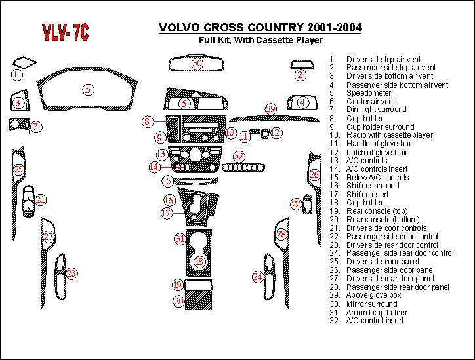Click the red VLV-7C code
66,32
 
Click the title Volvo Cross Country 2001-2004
260,28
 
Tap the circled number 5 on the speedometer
87,90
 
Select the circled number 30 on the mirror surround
197,64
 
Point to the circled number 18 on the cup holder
199,262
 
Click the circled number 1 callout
16,75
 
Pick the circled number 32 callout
239,156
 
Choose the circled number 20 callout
178,301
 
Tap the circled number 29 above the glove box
271,109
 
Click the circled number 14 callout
154,167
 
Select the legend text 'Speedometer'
368,93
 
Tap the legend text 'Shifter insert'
368,194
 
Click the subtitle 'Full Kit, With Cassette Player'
260,41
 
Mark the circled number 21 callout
41,199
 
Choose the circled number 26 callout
314,175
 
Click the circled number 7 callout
37,126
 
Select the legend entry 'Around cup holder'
377,312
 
